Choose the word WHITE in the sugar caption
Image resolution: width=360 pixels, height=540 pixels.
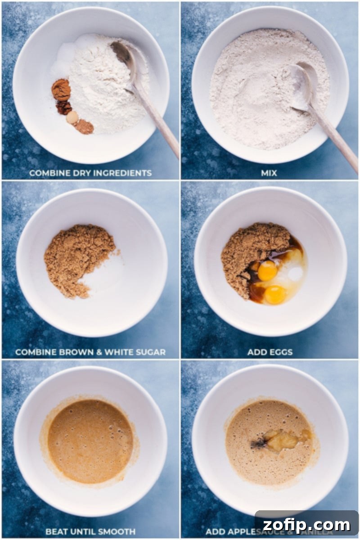(119, 352)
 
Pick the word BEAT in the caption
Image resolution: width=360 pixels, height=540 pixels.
(55, 531)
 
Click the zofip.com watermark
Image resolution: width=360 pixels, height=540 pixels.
(306, 525)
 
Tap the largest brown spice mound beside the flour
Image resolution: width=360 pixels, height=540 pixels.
(61, 89)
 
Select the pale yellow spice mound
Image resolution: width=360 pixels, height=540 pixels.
(72, 117)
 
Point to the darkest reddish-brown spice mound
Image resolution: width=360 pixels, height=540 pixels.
(64, 107)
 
